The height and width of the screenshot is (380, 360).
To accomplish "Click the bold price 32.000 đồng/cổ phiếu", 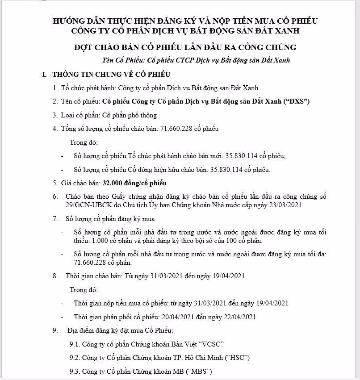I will [134, 183].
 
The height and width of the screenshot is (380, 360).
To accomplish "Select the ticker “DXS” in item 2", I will [297, 101].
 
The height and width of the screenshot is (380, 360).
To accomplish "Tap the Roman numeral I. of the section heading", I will [45, 74].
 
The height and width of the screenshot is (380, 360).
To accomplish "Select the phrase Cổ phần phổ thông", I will [130, 115].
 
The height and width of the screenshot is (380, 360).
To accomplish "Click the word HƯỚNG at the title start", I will [68, 21].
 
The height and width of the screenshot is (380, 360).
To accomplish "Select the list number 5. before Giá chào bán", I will [55, 183].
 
